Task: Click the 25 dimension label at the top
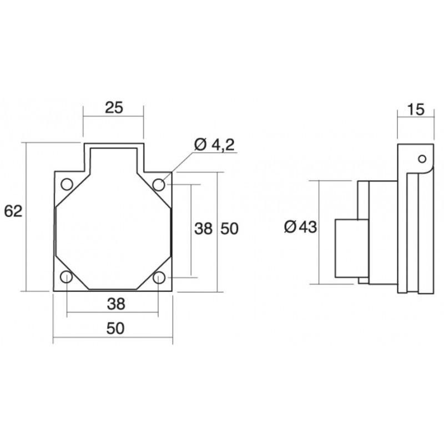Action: (114, 108)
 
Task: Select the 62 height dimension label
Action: (13, 211)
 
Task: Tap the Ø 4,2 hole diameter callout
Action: (215, 145)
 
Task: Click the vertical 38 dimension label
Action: (203, 229)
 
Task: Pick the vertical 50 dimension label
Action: (230, 229)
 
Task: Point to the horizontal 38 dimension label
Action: (116, 304)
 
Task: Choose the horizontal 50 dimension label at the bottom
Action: (115, 329)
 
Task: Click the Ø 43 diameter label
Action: (300, 227)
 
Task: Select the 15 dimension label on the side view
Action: (416, 109)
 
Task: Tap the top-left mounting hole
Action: (67, 184)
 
